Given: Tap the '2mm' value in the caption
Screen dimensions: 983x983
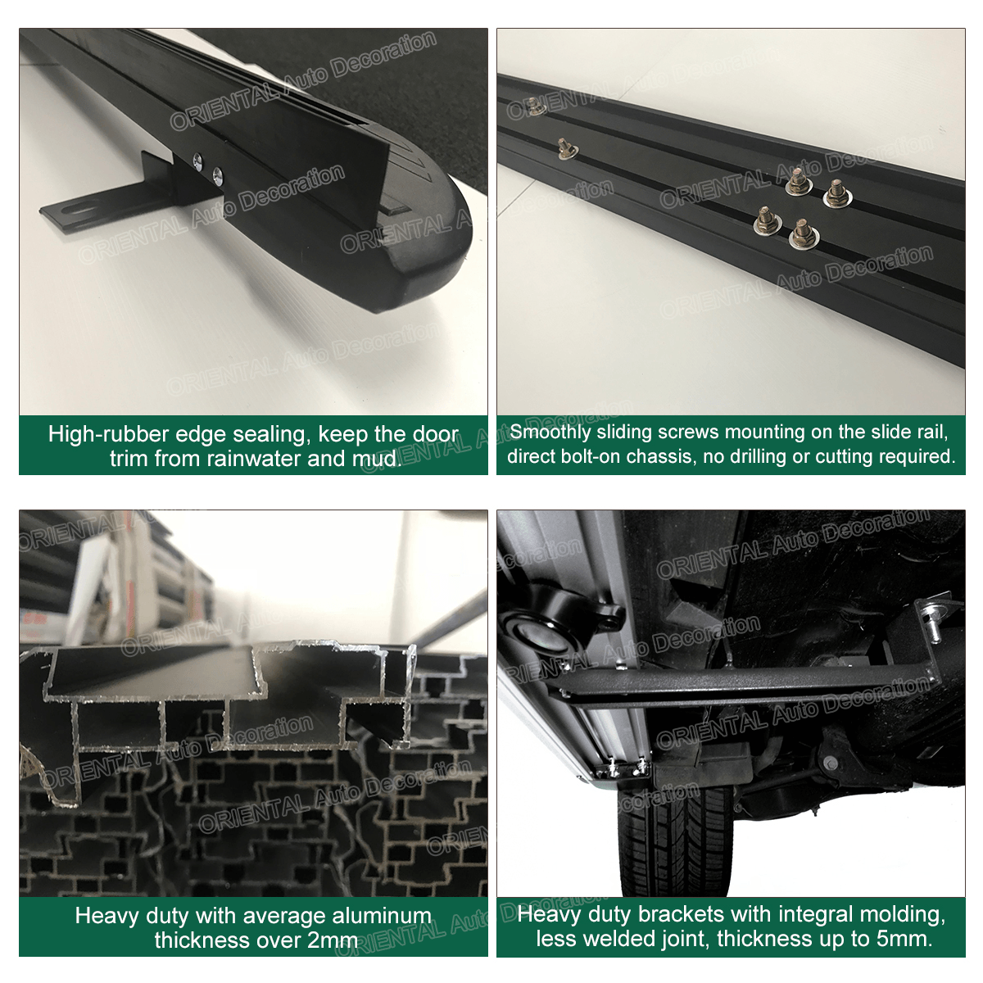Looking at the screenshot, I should click(x=332, y=940).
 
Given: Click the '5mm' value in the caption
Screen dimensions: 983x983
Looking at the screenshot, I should click(x=904, y=939).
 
